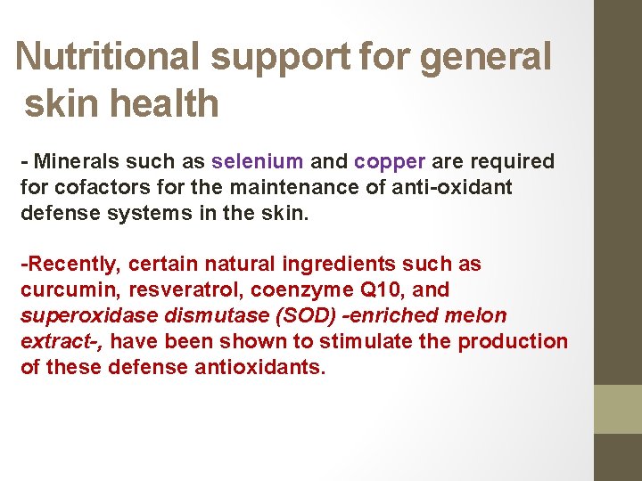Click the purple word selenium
(x=258, y=162)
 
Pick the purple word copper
(x=390, y=162)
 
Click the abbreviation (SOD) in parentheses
(x=309, y=316)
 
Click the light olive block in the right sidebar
(x=618, y=409)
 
